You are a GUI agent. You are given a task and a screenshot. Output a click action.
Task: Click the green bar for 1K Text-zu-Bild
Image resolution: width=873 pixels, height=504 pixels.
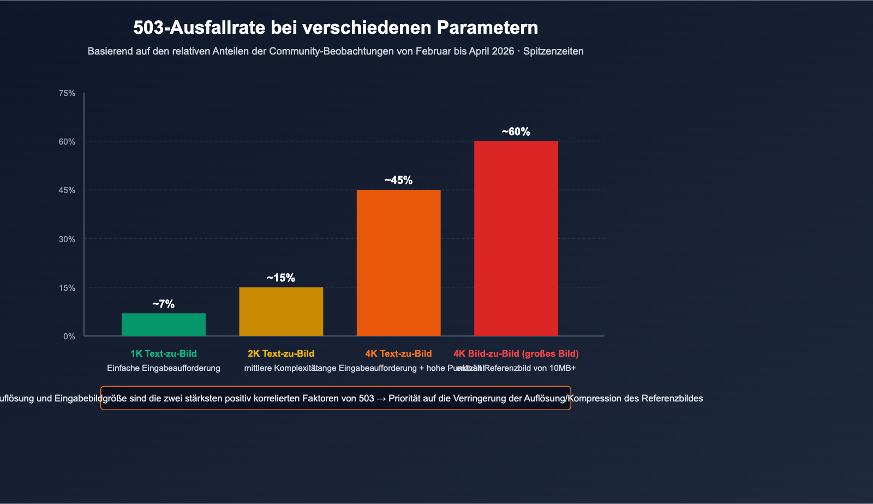[x=164, y=325]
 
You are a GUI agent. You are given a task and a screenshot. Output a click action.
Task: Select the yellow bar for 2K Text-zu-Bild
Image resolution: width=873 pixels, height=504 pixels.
[x=281, y=311]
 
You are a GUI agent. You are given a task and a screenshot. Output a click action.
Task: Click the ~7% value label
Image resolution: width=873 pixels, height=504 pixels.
[x=164, y=304]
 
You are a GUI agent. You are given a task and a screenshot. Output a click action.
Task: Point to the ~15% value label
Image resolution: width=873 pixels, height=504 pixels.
[x=281, y=278]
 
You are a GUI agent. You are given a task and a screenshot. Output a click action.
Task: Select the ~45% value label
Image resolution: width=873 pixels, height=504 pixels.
[x=398, y=181]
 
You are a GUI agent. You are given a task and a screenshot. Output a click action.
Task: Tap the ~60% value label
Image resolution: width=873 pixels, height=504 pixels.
[x=516, y=132]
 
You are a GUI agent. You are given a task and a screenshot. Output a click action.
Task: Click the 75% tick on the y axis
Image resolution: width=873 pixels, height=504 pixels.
[x=67, y=93]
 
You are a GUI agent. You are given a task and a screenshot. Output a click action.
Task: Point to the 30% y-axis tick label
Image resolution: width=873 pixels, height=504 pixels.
[x=67, y=239]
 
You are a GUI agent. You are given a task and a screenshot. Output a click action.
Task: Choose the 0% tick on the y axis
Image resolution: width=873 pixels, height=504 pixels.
[x=69, y=337]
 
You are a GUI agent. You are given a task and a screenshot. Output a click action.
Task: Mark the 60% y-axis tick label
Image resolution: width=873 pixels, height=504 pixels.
[x=67, y=142]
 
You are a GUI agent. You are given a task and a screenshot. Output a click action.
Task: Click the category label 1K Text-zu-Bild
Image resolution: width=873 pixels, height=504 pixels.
[x=164, y=353]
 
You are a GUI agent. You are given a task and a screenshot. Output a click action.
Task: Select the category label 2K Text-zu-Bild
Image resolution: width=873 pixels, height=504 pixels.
[x=281, y=353]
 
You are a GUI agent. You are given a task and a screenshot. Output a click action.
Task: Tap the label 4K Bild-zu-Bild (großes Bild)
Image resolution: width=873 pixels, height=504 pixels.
[x=516, y=353]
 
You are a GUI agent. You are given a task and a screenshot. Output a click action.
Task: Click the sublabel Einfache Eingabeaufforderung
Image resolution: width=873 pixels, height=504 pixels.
[x=164, y=368]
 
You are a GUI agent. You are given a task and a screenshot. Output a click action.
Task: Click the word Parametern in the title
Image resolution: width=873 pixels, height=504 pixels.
[x=487, y=27]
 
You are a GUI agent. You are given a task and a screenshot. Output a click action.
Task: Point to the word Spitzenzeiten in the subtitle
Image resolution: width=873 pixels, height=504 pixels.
[x=553, y=51]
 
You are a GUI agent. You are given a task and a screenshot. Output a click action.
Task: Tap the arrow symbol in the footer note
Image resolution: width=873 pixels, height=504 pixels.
[x=381, y=399]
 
